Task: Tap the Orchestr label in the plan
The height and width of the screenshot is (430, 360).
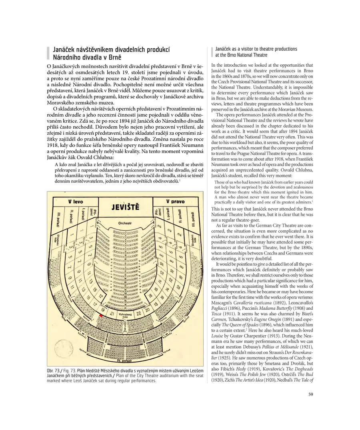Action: pyautogui.click(x=125, y=223)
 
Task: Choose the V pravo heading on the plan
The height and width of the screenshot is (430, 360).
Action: pyautogui.click(x=175, y=201)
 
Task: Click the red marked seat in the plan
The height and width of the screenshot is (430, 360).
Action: pyautogui.click(x=101, y=316)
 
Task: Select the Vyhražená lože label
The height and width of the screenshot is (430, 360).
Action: pyautogui.click(x=125, y=316)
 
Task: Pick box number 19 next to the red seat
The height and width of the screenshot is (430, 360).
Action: pyautogui.click(x=103, y=310)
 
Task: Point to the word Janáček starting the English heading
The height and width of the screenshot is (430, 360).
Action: pyautogui.click(x=224, y=49)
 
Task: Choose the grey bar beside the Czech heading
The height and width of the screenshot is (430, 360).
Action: pyautogui.click(x=48, y=53)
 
